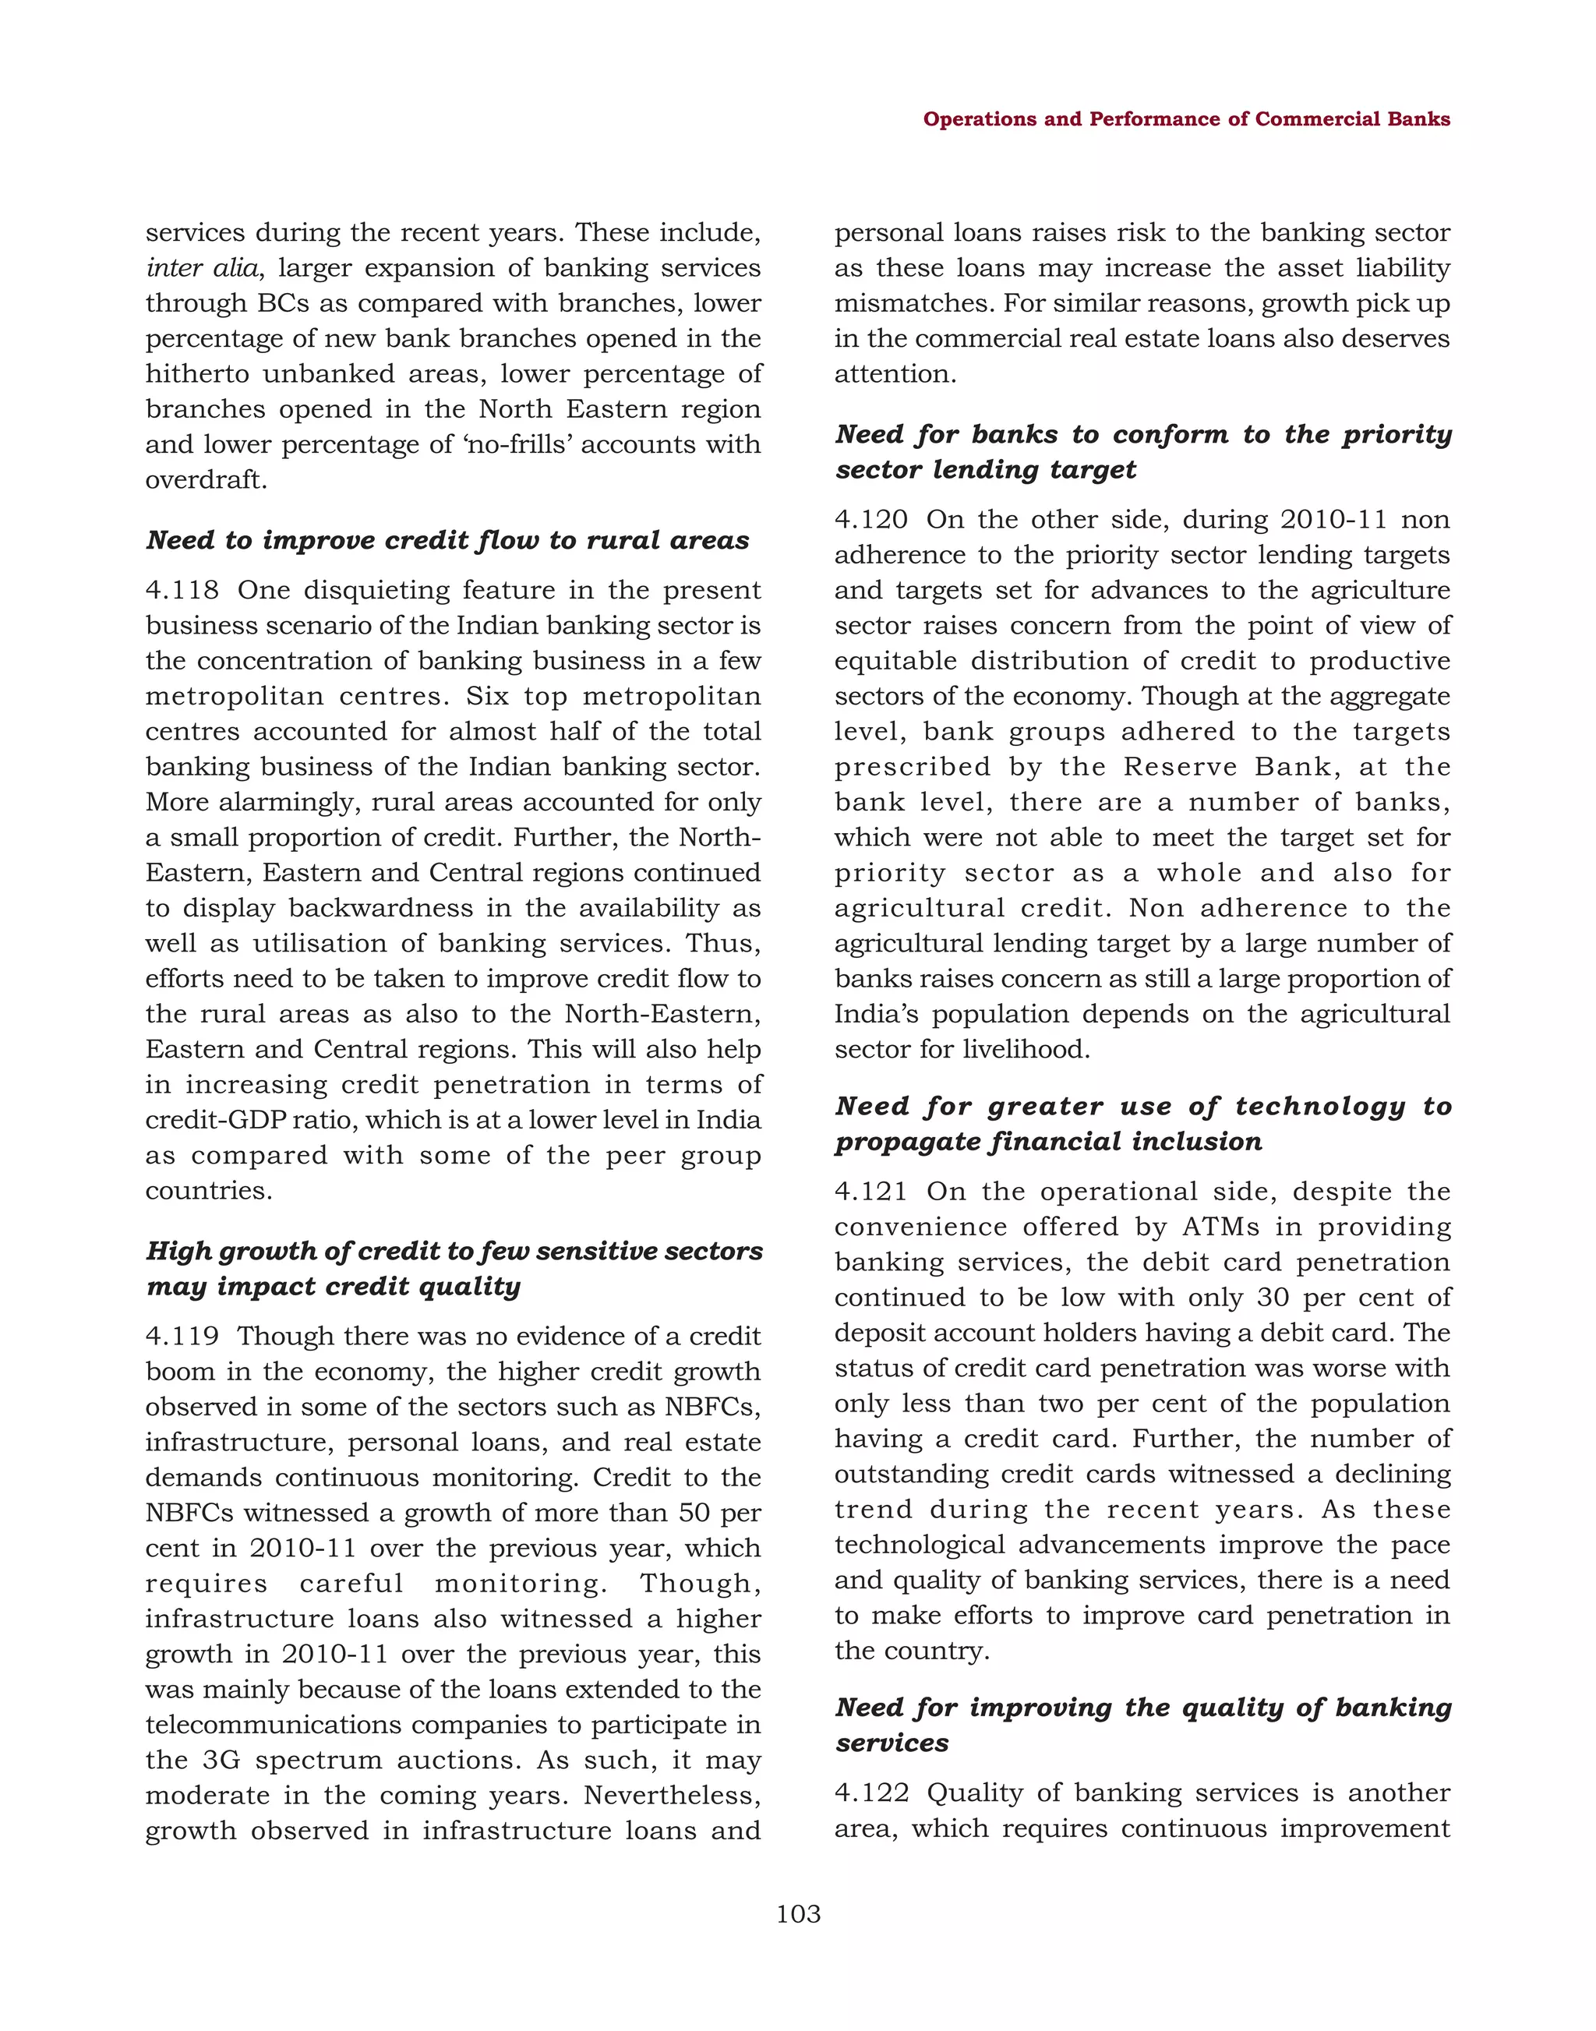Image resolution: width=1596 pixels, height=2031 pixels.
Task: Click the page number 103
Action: [798, 1914]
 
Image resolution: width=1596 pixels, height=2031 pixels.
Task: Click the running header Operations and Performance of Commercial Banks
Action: [1186, 118]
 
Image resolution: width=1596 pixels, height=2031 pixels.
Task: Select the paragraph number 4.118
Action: [182, 591]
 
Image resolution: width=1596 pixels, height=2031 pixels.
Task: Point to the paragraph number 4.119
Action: [182, 1337]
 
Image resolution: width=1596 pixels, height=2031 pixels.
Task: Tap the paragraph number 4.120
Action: [871, 520]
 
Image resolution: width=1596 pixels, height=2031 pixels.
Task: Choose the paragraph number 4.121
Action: [871, 1192]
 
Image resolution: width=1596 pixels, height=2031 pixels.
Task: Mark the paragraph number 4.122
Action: [871, 1793]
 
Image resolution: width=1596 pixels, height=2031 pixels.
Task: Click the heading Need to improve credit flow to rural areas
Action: [447, 540]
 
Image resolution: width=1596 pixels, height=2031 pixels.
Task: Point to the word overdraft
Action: [206, 480]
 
